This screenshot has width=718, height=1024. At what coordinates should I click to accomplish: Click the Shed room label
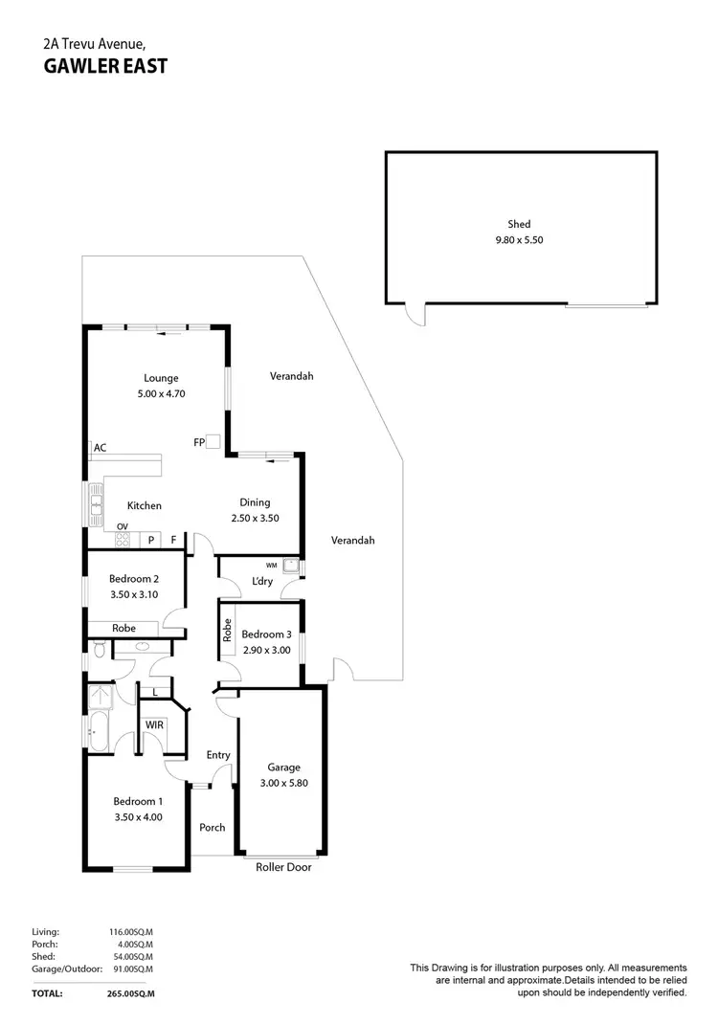[519, 225]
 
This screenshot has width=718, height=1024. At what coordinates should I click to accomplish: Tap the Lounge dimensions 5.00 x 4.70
[161, 392]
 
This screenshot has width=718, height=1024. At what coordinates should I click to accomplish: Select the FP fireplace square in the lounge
[213, 442]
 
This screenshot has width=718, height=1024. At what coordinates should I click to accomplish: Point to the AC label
[100, 447]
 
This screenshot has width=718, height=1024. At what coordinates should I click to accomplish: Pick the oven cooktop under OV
[123, 540]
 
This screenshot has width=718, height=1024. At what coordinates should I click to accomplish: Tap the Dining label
[255, 502]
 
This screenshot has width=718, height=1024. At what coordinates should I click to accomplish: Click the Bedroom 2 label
[133, 579]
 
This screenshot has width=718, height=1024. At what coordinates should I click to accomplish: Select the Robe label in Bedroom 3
[228, 630]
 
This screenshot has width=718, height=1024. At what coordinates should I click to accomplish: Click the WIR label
[154, 725]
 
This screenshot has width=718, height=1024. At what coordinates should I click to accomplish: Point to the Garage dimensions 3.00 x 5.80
[283, 782]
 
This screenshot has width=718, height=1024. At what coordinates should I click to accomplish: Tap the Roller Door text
[283, 867]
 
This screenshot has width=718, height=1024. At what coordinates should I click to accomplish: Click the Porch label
[212, 827]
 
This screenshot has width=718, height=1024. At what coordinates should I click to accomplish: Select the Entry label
[218, 755]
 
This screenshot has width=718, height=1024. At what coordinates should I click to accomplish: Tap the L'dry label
[261, 582]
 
